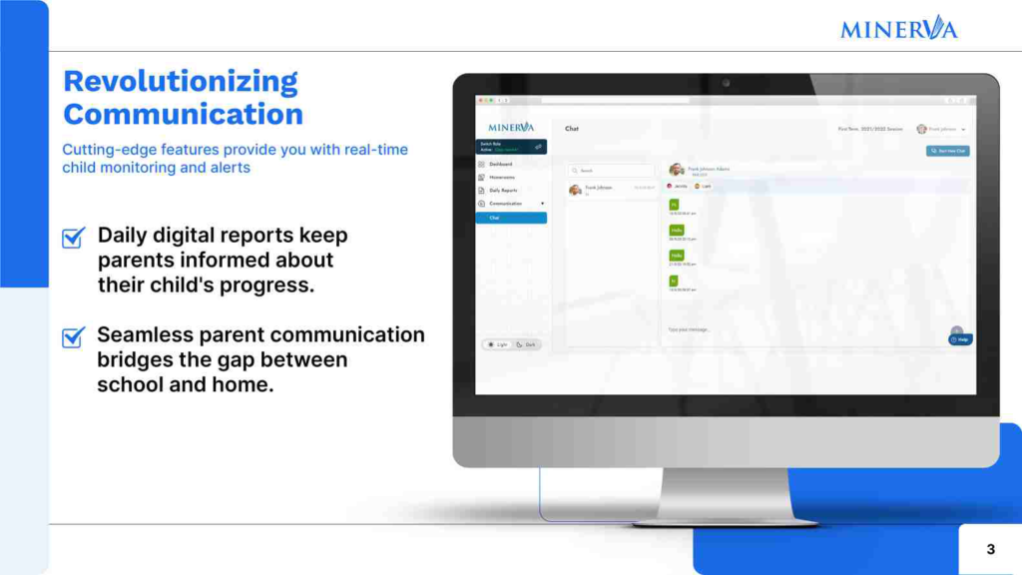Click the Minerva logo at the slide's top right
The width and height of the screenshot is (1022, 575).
tap(898, 28)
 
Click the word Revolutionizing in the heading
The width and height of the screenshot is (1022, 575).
tap(181, 81)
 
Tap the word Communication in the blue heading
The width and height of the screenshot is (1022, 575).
tap(183, 114)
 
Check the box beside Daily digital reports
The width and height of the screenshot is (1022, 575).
tap(73, 238)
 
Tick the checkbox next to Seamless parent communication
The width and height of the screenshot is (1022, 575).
tap(73, 336)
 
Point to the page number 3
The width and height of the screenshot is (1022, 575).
tap(990, 549)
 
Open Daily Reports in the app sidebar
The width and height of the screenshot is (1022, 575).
tap(503, 190)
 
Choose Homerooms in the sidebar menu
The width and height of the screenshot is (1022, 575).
tap(502, 177)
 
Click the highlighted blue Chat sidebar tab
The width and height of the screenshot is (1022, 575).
tap(511, 218)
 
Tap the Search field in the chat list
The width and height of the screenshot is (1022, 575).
tap(611, 171)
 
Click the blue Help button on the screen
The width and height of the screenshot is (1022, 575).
tap(960, 339)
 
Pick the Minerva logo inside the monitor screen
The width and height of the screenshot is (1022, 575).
tap(511, 128)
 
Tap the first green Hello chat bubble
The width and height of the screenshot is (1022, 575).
tap(677, 231)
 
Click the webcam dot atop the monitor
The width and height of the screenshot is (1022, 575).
tap(726, 83)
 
